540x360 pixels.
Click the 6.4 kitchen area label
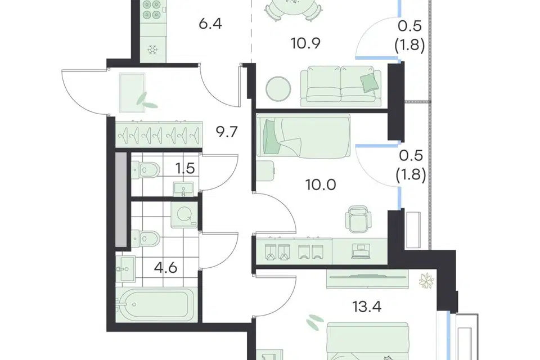click(x=210, y=24)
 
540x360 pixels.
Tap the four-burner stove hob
click(x=152, y=10)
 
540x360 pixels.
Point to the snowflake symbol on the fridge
click(x=152, y=49)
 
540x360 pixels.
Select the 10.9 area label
click(x=305, y=44)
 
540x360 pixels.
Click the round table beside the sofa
click(x=278, y=89)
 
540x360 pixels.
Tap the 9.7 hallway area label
click(x=227, y=132)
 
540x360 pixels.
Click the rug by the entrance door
click(x=133, y=92)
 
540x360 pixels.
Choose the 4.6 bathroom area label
click(x=165, y=267)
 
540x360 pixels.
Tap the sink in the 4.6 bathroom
click(x=125, y=268)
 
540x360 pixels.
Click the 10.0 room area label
click(x=321, y=185)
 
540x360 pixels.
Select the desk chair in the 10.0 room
click(x=358, y=219)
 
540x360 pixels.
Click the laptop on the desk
click(x=361, y=251)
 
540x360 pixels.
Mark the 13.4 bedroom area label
click(x=367, y=306)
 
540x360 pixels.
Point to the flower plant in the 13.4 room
click(x=426, y=281)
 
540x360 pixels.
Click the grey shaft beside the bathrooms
click(x=121, y=200)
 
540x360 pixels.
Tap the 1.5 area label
click(x=185, y=169)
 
